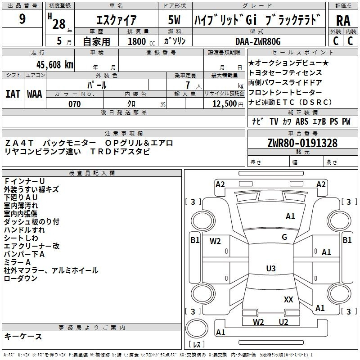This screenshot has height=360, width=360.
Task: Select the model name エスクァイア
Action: [117, 21]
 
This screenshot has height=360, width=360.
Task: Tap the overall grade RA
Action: [343, 21]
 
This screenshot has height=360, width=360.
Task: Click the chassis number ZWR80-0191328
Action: [302, 144]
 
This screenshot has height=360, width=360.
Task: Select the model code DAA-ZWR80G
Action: [258, 41]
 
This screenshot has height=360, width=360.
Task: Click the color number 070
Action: [74, 104]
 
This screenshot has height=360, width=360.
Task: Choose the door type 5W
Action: [175, 21]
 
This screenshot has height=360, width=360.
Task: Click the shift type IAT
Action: [13, 94]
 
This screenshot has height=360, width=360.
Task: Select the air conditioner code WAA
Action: [35, 94]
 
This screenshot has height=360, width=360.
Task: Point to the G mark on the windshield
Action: [284, 237]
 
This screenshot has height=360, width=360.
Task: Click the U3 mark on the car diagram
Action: [271, 269]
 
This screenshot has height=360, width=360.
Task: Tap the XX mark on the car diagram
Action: [288, 299]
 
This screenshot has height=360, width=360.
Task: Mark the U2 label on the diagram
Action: [283, 322]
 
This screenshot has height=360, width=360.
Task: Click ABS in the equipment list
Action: [302, 121]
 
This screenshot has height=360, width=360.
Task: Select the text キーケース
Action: [23, 337]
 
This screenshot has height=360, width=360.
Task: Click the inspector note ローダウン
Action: [21, 279]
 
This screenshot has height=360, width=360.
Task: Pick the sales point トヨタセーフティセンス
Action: [285, 72]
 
